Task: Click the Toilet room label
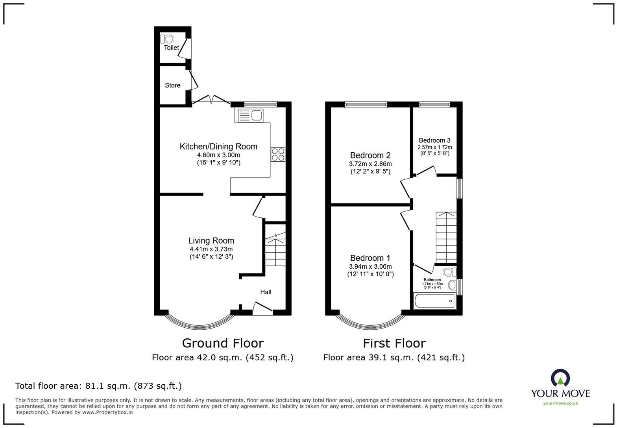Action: click(171, 48)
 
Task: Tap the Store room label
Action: click(173, 85)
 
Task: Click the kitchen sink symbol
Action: click(249, 115)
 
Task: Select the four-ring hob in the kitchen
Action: click(278, 154)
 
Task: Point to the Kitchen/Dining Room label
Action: click(218, 146)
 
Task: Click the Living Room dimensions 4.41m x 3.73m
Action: click(211, 249)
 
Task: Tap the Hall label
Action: click(266, 292)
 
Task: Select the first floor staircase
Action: click(446, 238)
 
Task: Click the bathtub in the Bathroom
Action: click(435, 301)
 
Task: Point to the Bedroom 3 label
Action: click(435, 140)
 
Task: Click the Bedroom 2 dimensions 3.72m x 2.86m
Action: click(370, 164)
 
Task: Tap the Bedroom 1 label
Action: click(370, 258)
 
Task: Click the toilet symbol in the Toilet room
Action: click(167, 39)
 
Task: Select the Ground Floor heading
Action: click(223, 343)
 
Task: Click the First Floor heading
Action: click(394, 343)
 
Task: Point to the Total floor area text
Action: click(99, 386)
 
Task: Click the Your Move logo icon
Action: click(560, 378)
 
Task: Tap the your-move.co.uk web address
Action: click(560, 403)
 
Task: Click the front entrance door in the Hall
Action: click(263, 308)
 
